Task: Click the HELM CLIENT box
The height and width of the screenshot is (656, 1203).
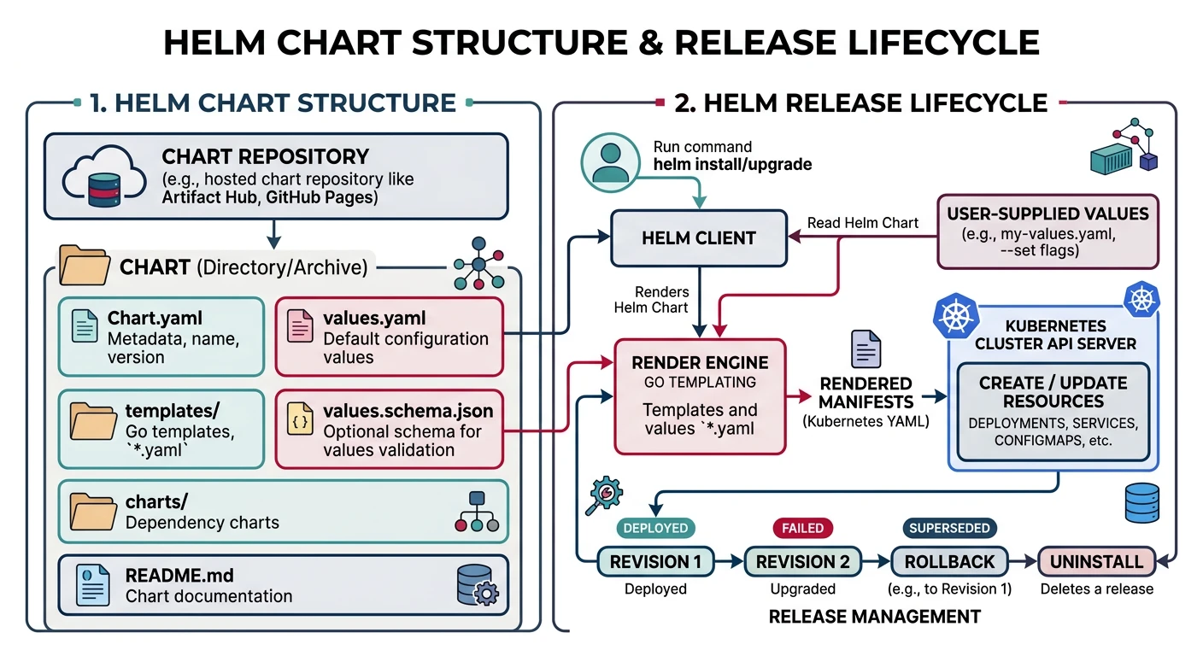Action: pos(698,238)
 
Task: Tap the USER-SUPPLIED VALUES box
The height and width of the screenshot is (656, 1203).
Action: pos(1047,231)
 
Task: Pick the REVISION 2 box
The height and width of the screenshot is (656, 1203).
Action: pos(803,562)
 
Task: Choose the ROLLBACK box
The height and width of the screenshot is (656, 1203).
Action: pos(948,562)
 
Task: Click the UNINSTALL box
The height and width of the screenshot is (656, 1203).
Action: pos(1096,562)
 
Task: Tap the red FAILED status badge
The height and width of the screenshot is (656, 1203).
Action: pos(802,528)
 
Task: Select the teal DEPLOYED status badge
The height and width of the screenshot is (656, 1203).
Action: pos(655,528)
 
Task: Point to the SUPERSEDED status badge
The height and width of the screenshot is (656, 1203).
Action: pos(948,528)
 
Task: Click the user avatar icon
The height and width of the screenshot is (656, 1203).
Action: pos(610,162)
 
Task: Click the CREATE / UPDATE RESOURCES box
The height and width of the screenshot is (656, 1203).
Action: pos(1053,413)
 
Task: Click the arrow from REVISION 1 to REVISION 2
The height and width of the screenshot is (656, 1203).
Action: pos(729,562)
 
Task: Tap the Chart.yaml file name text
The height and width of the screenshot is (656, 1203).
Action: pos(155,319)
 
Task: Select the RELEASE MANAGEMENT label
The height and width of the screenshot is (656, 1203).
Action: pos(874,616)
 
